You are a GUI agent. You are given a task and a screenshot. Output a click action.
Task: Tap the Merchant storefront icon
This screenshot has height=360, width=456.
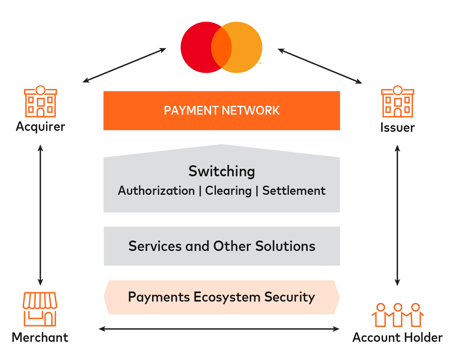40,309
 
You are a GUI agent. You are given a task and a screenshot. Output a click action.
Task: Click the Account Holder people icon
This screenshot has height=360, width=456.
398,315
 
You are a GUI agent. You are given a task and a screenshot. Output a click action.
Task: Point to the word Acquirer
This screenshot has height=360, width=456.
41,127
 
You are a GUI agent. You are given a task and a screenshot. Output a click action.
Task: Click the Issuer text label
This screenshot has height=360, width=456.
397,128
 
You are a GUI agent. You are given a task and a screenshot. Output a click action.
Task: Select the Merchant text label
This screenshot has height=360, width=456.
40,338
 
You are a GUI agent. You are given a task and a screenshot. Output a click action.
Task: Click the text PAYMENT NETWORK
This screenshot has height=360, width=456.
222,111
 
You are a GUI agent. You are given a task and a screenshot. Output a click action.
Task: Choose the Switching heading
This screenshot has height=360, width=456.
222,171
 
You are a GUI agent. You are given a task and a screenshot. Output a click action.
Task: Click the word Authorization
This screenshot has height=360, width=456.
156,191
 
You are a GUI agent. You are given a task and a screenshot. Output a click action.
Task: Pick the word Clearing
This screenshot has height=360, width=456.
228,191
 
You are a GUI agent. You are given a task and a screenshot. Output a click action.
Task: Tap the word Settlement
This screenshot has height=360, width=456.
294,191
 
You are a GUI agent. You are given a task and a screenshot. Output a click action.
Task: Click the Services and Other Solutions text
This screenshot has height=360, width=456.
222,246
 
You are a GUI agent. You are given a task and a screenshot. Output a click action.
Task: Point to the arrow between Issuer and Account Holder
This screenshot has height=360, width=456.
397,216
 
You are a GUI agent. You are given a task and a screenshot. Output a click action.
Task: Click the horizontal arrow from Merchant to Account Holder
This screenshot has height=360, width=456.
219,329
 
